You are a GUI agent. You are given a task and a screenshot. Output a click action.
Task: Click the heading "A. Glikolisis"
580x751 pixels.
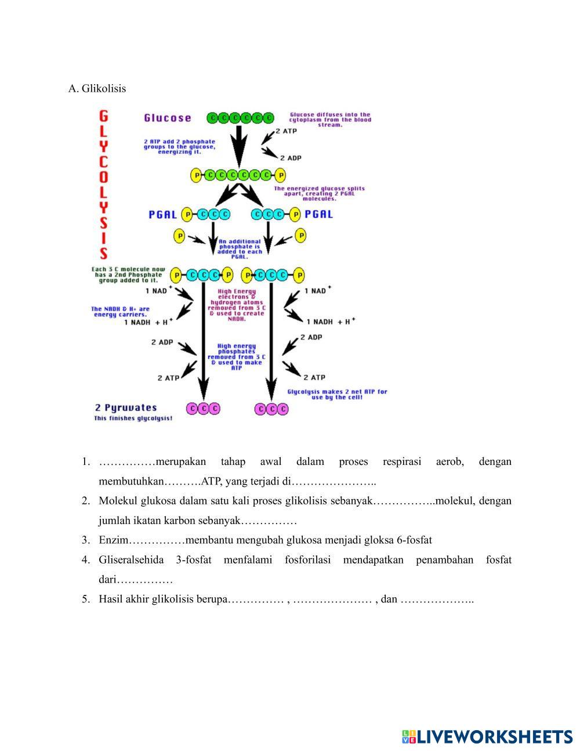97,89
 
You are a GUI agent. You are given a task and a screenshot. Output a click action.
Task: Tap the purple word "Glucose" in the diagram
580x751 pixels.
167,118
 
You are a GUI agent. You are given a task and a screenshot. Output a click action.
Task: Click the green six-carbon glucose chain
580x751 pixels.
240,118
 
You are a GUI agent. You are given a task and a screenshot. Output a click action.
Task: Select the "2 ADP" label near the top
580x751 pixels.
290,158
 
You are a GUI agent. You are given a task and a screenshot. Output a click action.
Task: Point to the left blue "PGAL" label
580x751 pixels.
162,214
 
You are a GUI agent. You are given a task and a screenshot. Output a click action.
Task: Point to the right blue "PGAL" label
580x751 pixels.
318,214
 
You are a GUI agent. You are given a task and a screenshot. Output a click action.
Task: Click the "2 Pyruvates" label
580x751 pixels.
126,407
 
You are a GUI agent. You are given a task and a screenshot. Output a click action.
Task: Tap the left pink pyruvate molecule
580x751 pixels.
203,409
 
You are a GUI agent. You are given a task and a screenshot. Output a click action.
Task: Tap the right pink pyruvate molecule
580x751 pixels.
271,409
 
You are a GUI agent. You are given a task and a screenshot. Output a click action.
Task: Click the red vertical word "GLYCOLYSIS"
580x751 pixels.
103,183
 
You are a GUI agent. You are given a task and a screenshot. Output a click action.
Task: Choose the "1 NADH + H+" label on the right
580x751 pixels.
330,321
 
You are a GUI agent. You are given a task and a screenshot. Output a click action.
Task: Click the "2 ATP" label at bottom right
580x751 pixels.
314,377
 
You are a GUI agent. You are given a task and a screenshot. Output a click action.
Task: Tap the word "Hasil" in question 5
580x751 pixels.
111,600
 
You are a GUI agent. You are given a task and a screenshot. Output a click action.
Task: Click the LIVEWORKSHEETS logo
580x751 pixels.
487,736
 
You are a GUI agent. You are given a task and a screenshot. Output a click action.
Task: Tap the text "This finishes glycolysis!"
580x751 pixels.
133,418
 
